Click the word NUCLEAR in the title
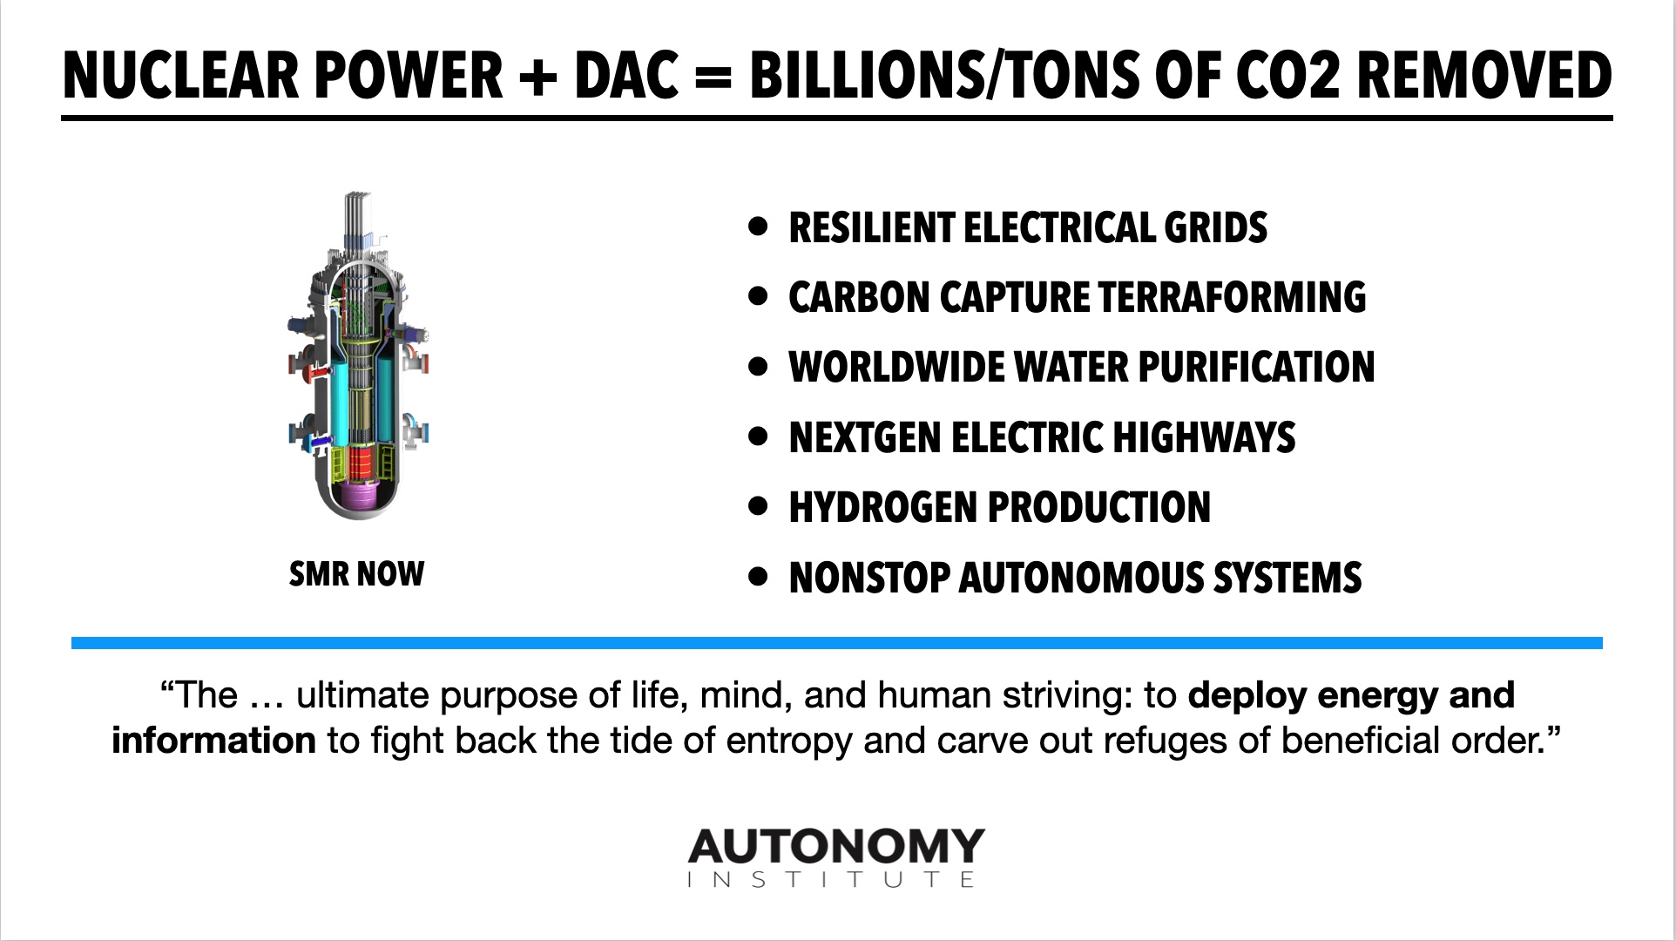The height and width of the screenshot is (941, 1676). click(x=183, y=75)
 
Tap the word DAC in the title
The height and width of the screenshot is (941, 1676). click(x=625, y=75)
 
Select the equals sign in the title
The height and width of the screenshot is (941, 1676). click(x=713, y=77)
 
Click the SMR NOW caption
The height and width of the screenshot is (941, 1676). click(x=356, y=574)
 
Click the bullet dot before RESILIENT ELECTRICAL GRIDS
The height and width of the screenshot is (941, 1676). click(x=759, y=227)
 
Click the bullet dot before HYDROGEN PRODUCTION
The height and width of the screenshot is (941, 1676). click(x=759, y=506)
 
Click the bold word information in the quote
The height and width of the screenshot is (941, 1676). click(x=213, y=741)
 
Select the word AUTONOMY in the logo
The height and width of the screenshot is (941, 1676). click(x=836, y=846)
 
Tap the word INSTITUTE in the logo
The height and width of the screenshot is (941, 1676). click(x=831, y=879)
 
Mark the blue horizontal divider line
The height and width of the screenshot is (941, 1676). click(x=837, y=643)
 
